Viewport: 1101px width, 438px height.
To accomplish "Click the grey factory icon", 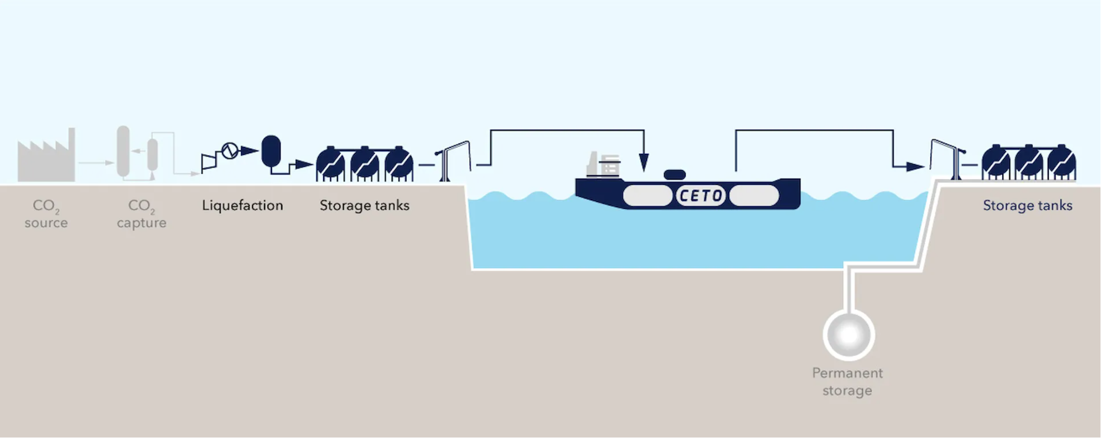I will pyautogui.click(x=46, y=158).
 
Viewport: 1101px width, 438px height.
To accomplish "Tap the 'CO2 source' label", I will pyautogui.click(x=46, y=214).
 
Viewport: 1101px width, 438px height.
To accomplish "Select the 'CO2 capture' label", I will pyautogui.click(x=141, y=214).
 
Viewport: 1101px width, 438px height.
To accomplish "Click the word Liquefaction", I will pyautogui.click(x=243, y=206).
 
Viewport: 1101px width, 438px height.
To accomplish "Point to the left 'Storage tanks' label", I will pyautogui.click(x=364, y=206).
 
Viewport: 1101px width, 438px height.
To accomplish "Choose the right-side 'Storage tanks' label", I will pyautogui.click(x=1027, y=206).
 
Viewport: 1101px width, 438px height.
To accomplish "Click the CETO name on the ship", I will pyautogui.click(x=701, y=196).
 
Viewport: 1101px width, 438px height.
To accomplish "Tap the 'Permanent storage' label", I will pyautogui.click(x=847, y=382).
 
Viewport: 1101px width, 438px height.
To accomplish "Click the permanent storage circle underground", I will pyautogui.click(x=849, y=334).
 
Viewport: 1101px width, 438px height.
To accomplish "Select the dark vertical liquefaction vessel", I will pyautogui.click(x=271, y=151).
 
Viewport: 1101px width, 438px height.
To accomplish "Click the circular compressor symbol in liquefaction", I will pyautogui.click(x=230, y=151).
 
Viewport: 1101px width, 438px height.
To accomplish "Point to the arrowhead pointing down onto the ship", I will pyautogui.click(x=644, y=163).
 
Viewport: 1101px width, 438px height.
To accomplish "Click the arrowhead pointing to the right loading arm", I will pyautogui.click(x=914, y=167).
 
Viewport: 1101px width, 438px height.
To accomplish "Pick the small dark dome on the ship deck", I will pyautogui.click(x=674, y=174).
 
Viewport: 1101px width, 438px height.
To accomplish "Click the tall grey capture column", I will pyautogui.click(x=123, y=151).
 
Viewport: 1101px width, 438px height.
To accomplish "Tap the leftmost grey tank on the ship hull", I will pyautogui.click(x=647, y=196).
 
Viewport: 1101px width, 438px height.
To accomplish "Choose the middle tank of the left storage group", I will pyautogui.click(x=365, y=164).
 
